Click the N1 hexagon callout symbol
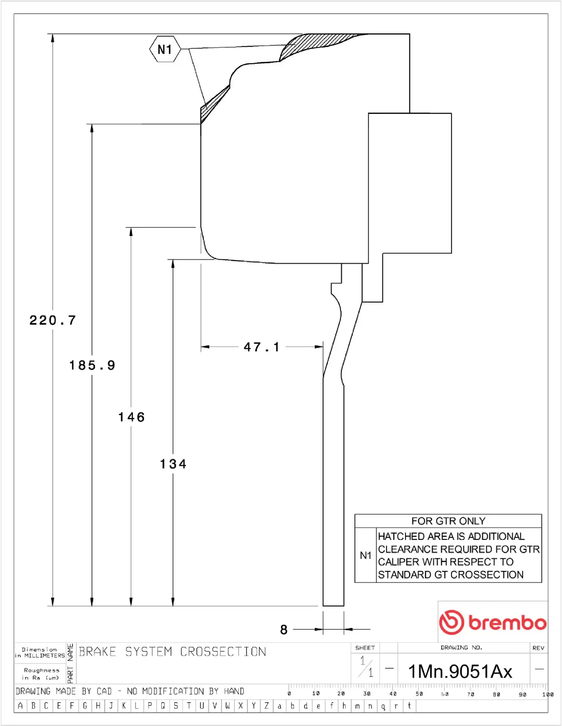click(x=165, y=49)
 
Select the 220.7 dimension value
click(x=53, y=321)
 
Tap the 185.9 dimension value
click(x=92, y=365)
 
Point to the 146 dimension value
click(x=132, y=417)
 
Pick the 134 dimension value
click(x=173, y=464)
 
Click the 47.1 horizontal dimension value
click(x=262, y=347)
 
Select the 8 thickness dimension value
click(x=284, y=630)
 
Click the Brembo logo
click(x=493, y=622)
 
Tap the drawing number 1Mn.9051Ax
click(x=460, y=672)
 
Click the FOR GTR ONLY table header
click(x=448, y=521)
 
